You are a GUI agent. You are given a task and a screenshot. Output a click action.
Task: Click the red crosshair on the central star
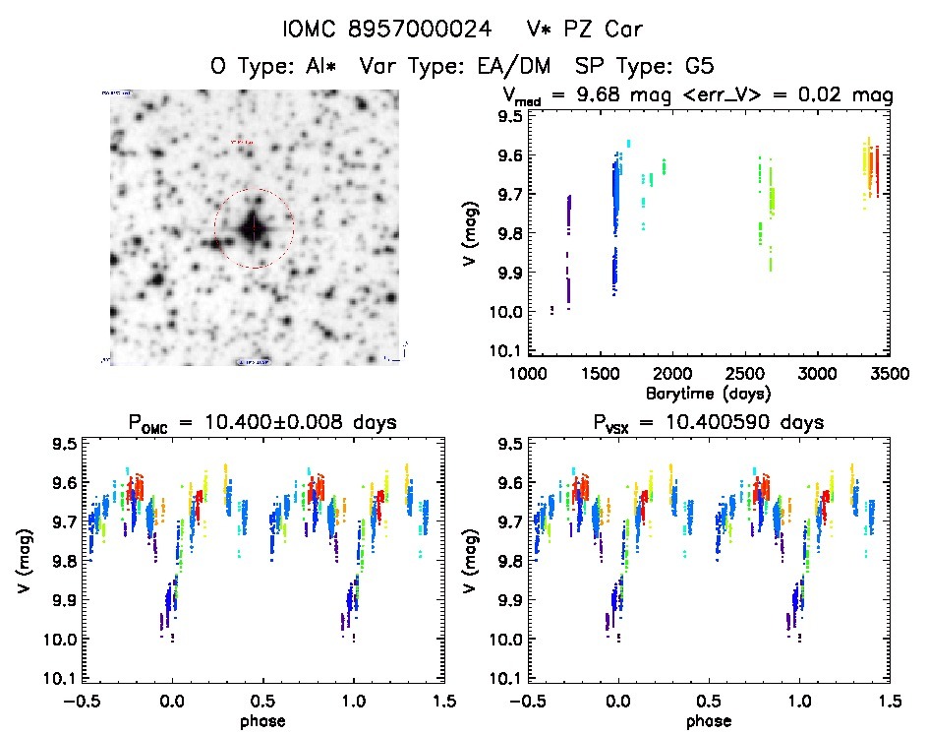[254, 228]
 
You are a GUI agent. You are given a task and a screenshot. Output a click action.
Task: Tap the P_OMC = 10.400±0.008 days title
[262, 424]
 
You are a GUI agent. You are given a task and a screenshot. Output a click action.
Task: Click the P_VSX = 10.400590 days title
[703, 424]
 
